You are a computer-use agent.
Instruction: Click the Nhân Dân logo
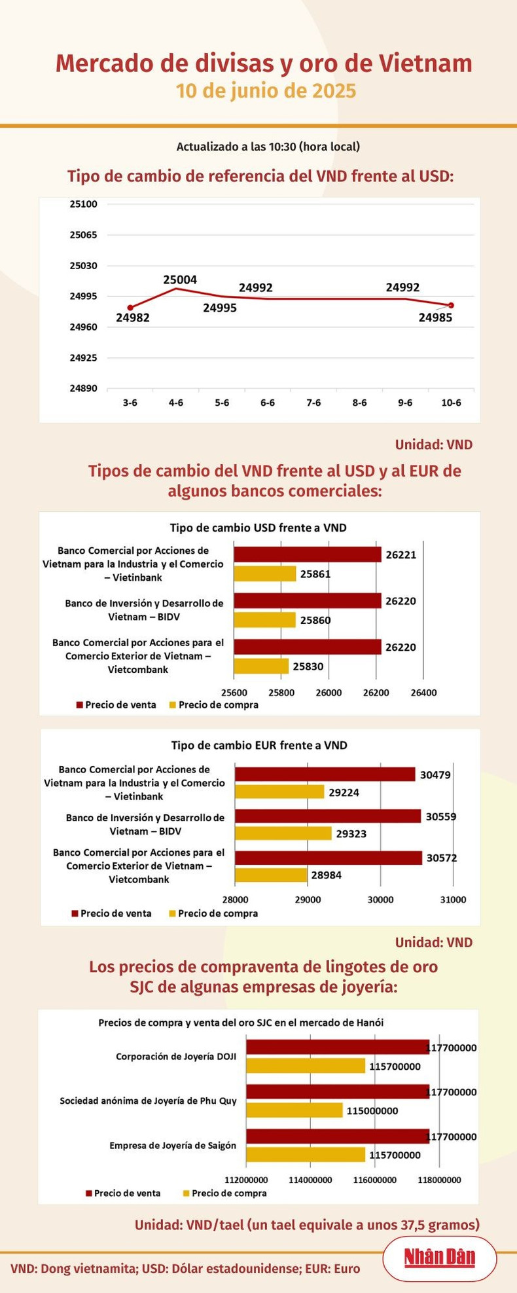point(439,1258)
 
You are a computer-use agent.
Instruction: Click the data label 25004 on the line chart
point(180,280)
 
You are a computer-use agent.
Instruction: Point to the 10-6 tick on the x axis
point(451,403)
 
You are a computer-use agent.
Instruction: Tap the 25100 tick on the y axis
point(83,204)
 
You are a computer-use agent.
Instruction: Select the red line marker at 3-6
point(130,308)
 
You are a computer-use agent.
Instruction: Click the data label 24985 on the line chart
point(435,318)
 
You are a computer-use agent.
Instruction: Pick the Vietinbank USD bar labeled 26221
point(308,555)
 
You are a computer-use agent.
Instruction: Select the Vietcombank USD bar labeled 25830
point(262,666)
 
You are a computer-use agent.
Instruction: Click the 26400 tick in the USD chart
point(423,693)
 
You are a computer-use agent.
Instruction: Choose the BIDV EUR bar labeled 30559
point(328,816)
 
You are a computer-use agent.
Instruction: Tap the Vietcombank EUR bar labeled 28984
point(271,875)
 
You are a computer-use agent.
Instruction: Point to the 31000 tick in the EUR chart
point(453,900)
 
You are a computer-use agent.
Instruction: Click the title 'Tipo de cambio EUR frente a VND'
point(259,745)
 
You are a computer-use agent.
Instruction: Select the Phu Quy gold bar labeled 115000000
point(294,1110)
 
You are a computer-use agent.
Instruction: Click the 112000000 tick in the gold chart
point(246,1180)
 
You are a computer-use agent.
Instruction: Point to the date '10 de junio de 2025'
point(266,91)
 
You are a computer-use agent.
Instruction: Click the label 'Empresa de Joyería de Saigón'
point(173,1146)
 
